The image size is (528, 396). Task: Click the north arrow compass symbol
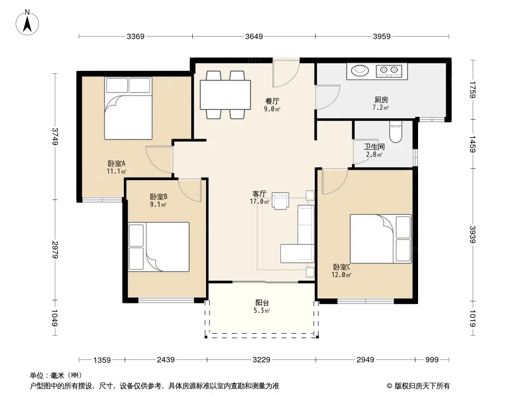(27, 23)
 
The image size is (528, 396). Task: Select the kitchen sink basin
(360, 70)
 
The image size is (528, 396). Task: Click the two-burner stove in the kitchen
(389, 70)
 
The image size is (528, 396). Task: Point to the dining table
(225, 95)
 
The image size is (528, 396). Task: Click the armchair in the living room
(280, 201)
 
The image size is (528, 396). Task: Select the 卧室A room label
(116, 163)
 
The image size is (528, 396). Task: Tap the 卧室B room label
(158, 197)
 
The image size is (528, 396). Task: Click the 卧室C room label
(342, 267)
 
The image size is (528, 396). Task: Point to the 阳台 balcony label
(262, 302)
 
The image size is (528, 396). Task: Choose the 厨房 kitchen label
(381, 99)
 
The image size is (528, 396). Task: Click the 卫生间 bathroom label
(374, 147)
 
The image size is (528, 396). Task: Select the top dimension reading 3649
(254, 36)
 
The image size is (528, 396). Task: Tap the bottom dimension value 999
(432, 360)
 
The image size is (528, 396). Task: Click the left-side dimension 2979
(55, 250)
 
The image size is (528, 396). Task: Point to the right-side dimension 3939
(473, 235)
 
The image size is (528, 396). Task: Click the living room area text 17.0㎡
(260, 201)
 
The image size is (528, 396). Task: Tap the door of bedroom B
(190, 190)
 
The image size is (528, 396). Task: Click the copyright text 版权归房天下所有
(422, 386)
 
